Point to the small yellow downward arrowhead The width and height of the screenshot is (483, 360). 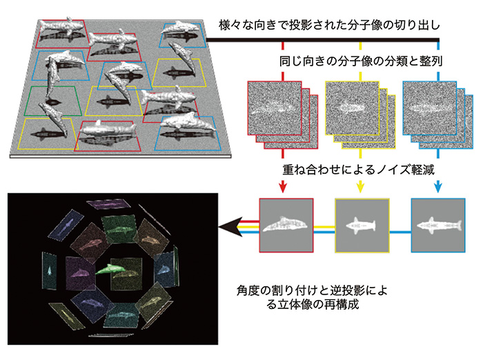click(x=360, y=188)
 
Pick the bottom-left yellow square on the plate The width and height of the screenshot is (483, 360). click(x=49, y=130)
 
